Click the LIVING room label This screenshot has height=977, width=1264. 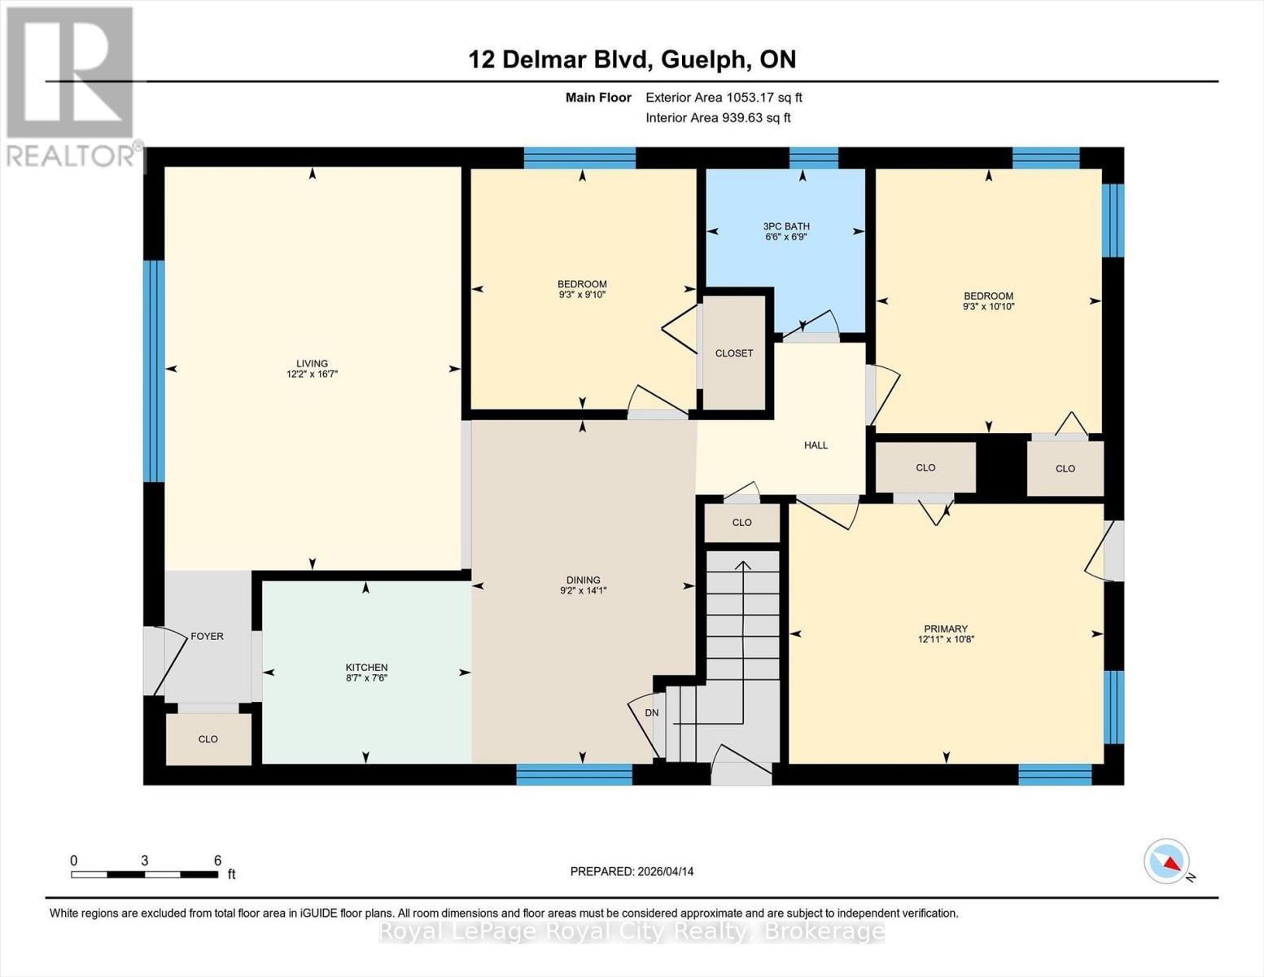tap(312, 363)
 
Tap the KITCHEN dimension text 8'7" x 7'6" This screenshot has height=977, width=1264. tap(366, 677)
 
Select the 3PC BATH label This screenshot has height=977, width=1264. tap(785, 226)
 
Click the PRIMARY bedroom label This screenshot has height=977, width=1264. tap(945, 629)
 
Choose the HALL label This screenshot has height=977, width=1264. tap(816, 445)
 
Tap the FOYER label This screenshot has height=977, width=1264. tap(207, 636)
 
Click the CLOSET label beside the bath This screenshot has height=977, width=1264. tap(734, 353)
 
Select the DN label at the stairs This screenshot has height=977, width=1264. tap(651, 712)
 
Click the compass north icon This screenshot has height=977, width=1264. tap(1167, 861)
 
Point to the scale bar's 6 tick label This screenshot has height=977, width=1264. tap(217, 861)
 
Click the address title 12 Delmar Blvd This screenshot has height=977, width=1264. tap(632, 59)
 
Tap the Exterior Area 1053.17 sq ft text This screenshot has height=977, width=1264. tap(724, 98)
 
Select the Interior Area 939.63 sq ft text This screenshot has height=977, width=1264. tap(718, 118)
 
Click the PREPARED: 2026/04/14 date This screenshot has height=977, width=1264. tap(632, 871)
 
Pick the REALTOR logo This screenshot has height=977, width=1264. tap(71, 85)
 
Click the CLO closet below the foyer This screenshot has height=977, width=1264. tap(208, 738)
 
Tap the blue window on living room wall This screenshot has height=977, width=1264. tap(154, 371)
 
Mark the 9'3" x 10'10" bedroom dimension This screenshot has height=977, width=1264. tap(988, 307)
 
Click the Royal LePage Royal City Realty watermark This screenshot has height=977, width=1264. tap(632, 931)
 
